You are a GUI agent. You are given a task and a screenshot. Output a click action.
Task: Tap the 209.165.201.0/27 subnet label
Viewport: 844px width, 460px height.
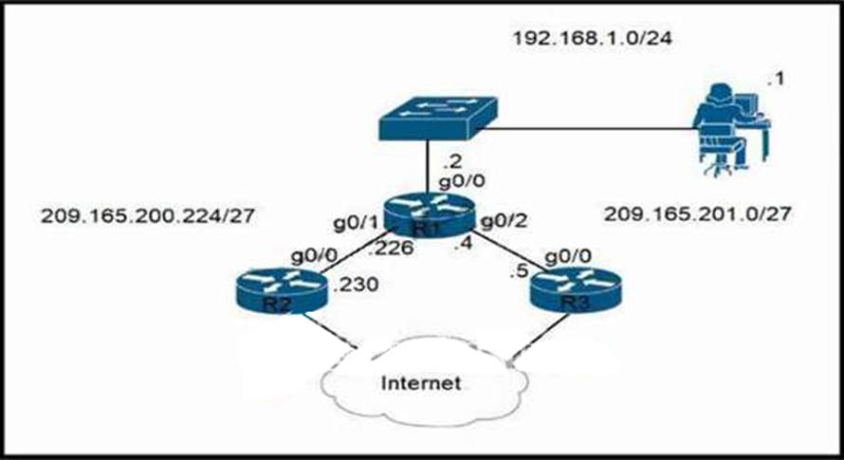697,215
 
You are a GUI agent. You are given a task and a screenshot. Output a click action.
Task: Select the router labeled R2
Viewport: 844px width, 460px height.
276,290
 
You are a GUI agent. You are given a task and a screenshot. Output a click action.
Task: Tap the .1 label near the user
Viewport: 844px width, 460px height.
774,79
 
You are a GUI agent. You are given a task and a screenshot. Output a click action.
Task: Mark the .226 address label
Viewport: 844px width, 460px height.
387,250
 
